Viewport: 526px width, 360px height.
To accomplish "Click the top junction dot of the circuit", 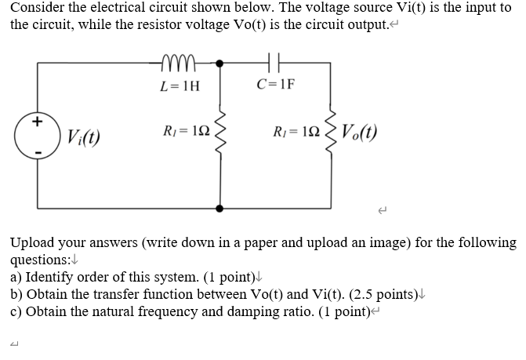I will click(220, 61).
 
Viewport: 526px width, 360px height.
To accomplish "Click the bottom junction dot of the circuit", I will click(220, 209).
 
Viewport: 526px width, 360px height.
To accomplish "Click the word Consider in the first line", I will click(35, 7).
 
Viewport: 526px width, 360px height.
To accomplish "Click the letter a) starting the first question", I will click(16, 277).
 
